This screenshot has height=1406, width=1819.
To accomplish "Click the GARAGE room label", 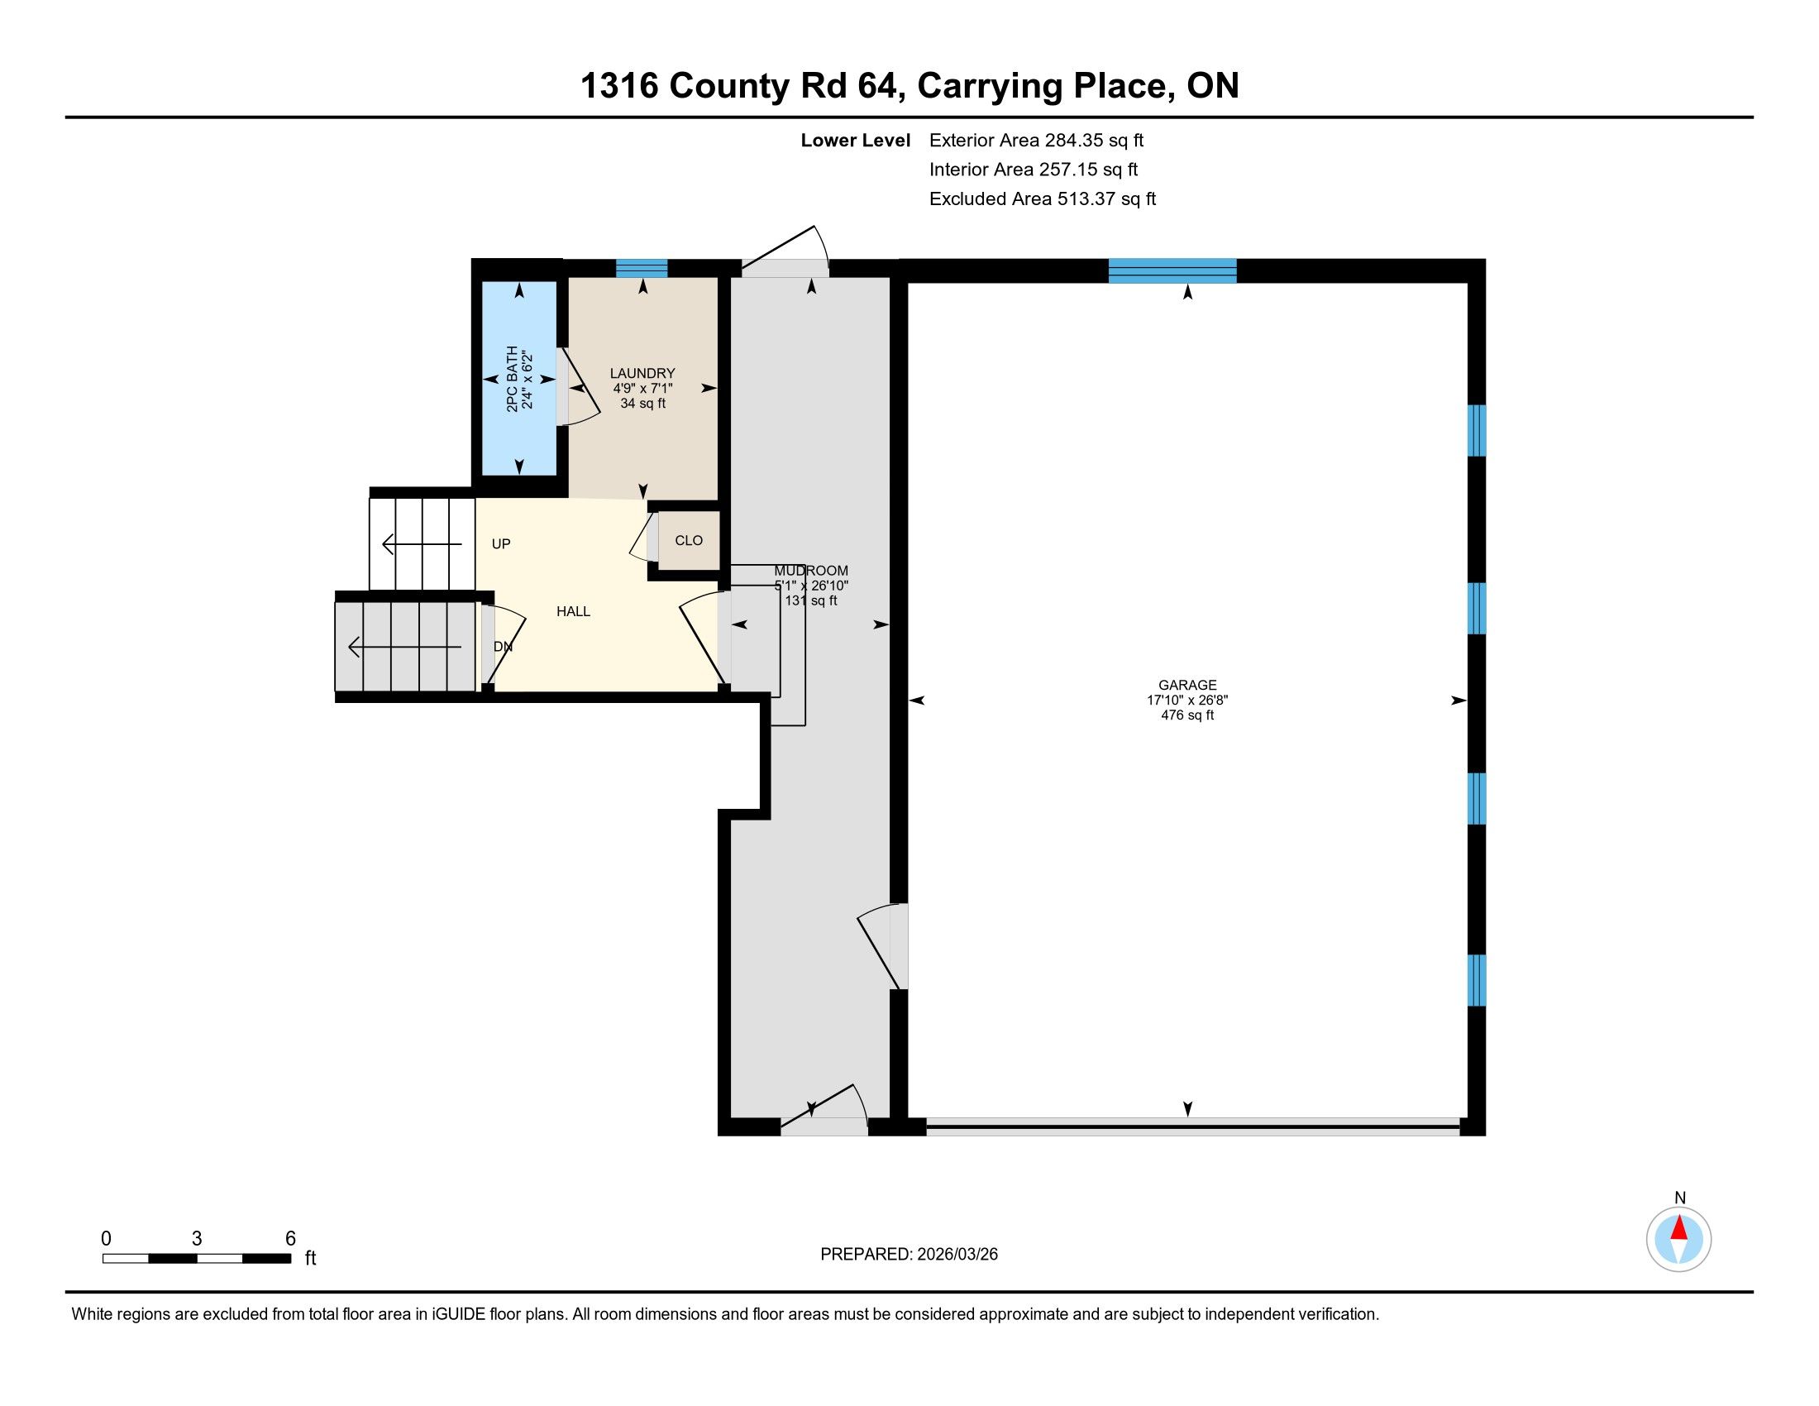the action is pyautogui.click(x=1187, y=685).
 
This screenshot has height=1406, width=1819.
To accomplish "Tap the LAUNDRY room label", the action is pyautogui.click(x=642, y=373).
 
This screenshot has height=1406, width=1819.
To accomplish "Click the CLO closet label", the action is pyautogui.click(x=689, y=541).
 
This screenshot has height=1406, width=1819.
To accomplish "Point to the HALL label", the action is pyautogui.click(x=573, y=611).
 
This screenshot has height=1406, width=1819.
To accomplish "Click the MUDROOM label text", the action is pyautogui.click(x=811, y=571).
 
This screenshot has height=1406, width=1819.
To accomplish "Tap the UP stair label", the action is pyautogui.click(x=500, y=544).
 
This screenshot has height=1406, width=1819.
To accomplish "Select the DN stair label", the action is pyautogui.click(x=503, y=647).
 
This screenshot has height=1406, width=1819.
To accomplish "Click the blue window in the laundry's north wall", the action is pyautogui.click(x=642, y=268).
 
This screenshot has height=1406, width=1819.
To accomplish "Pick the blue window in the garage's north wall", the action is pyautogui.click(x=1172, y=271).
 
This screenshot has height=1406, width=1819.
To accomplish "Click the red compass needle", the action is pyautogui.click(x=1679, y=1227).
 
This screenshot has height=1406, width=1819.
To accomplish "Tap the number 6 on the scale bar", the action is pyautogui.click(x=291, y=1239).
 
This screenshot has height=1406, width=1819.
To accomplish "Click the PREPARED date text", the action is pyautogui.click(x=909, y=1255).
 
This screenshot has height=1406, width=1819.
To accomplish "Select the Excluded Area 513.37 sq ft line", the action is pyautogui.click(x=1043, y=199).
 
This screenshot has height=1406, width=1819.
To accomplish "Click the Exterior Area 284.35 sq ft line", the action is pyautogui.click(x=1036, y=141).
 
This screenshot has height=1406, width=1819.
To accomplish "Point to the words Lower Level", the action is pyautogui.click(x=856, y=141).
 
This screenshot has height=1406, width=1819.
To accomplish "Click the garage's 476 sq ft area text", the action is pyautogui.click(x=1187, y=715).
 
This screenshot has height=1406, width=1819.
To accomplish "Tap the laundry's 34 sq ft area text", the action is pyautogui.click(x=642, y=403).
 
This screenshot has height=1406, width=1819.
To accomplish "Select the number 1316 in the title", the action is pyautogui.click(x=618, y=86).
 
